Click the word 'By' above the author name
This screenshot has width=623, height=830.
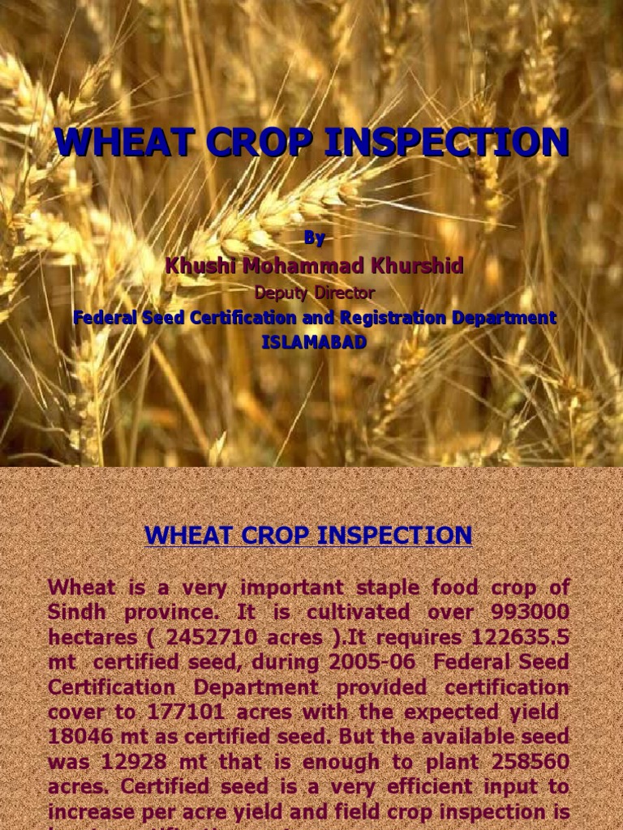(x=314, y=238)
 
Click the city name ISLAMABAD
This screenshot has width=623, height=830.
(x=314, y=342)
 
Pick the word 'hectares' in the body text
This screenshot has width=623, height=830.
(x=89, y=637)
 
